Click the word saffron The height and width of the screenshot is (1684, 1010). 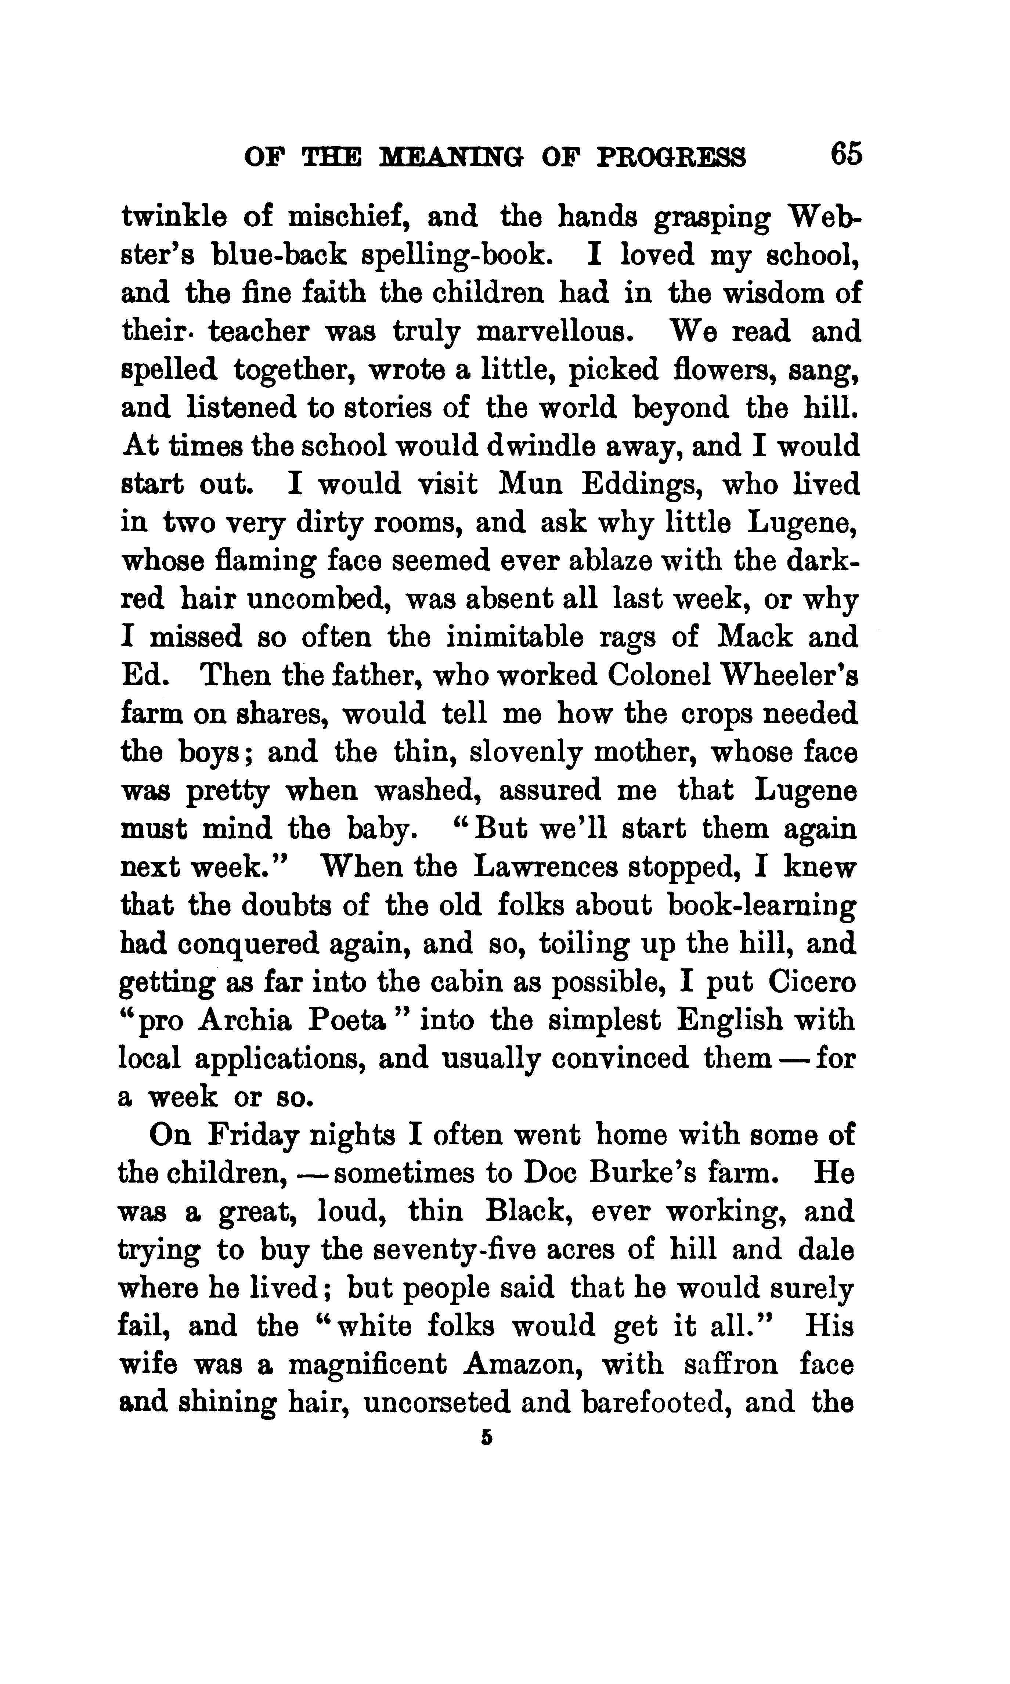tap(730, 1365)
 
